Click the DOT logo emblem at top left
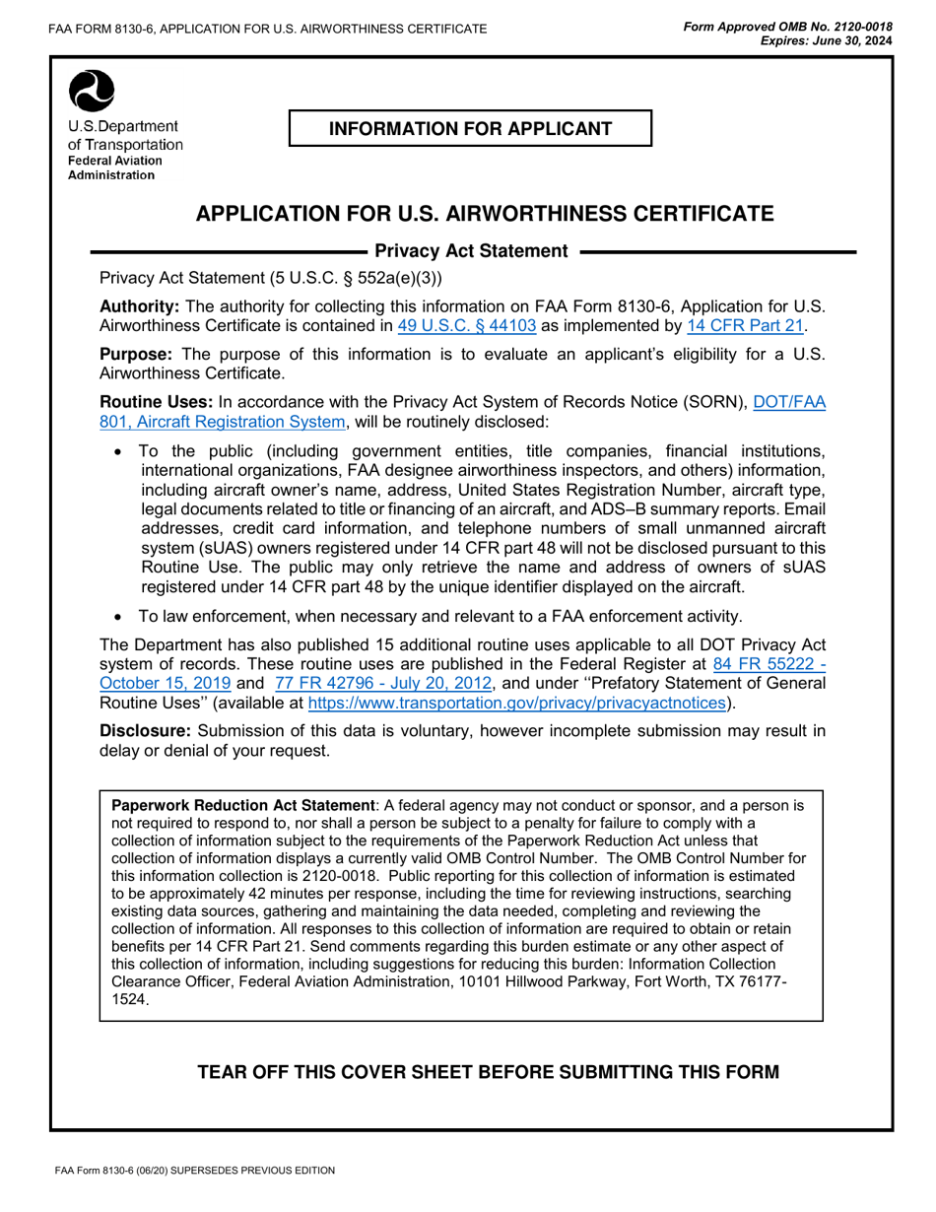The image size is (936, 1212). click(90, 92)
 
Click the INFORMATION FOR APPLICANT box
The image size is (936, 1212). click(470, 129)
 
